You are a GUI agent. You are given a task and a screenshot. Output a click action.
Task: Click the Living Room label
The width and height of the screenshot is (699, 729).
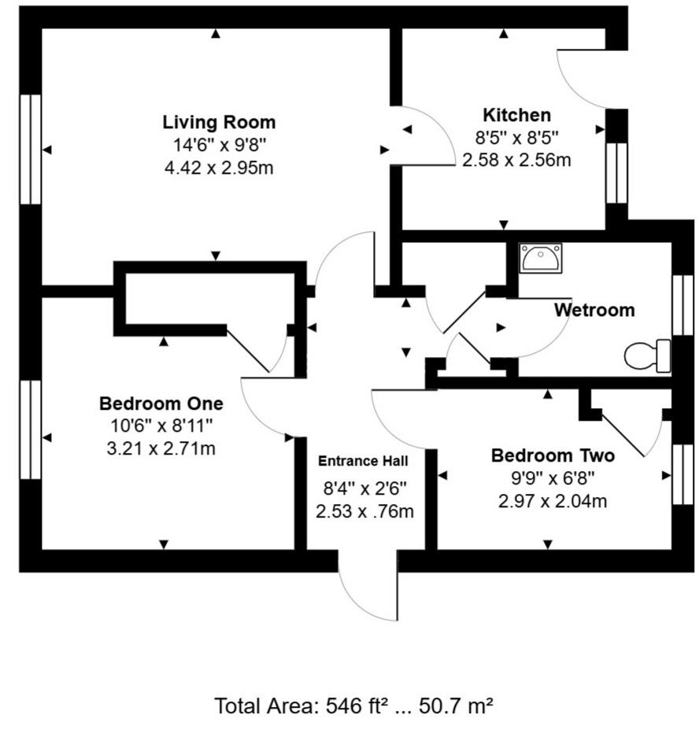219,123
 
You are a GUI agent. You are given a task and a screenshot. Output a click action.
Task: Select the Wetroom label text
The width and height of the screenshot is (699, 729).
594,310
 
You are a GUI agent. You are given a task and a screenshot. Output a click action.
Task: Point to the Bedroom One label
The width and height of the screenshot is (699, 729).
161,403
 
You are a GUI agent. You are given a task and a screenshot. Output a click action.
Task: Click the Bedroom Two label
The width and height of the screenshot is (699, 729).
553,455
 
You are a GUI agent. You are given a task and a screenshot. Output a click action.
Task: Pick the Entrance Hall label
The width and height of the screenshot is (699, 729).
364,461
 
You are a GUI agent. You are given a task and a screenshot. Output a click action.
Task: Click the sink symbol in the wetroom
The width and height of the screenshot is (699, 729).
541,258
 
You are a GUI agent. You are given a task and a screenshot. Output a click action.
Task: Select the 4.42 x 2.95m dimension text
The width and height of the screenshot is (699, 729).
219,168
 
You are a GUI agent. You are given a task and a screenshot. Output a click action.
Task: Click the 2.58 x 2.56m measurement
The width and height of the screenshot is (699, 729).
516,160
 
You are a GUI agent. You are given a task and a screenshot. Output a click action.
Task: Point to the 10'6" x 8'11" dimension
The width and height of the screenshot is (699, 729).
161,426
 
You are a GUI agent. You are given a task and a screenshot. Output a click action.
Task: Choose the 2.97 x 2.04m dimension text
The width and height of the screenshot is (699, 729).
553,501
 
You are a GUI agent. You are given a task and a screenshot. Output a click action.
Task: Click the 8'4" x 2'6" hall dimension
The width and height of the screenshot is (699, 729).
364,488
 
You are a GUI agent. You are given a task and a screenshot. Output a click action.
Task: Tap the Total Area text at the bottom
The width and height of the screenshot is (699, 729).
353,705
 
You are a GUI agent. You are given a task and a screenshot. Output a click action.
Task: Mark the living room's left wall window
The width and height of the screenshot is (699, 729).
30,149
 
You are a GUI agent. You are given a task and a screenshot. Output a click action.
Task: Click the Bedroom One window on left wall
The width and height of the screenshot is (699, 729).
30,429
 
